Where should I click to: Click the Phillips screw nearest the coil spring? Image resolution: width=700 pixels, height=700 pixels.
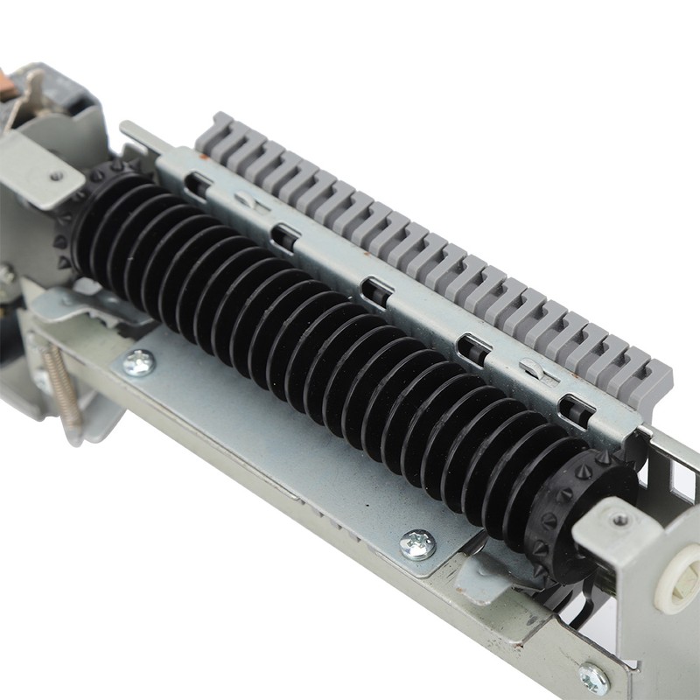click(138, 361)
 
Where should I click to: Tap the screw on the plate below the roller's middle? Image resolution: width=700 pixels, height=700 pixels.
click(417, 543)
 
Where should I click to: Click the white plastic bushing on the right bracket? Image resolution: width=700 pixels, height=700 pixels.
click(679, 578)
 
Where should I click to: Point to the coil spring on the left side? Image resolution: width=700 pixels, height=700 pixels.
click(60, 385)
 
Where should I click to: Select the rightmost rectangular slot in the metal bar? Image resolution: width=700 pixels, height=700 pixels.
click(575, 409)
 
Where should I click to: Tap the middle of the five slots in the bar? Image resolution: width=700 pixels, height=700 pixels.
click(375, 292)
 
